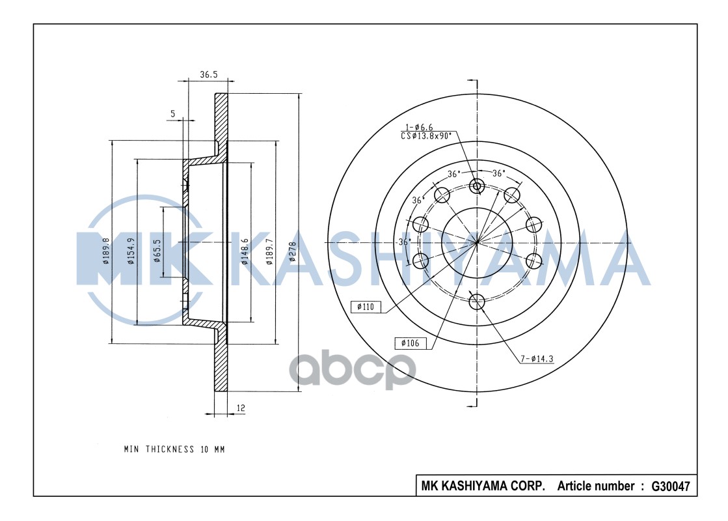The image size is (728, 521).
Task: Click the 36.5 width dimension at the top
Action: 208,75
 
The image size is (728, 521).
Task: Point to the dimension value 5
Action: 172,114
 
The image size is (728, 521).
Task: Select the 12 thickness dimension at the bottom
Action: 241,408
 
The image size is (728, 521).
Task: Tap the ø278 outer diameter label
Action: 292,251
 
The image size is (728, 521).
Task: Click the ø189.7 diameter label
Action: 269,252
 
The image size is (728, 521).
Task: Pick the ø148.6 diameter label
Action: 245,251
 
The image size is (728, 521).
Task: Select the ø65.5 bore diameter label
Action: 157,251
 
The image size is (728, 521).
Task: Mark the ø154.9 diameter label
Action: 131,251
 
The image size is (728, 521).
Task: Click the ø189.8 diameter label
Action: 105,251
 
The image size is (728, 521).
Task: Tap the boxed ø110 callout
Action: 366,307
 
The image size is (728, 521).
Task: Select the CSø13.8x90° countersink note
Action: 427,136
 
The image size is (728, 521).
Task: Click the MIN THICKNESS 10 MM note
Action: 174,449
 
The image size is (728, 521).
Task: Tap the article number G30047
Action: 670,486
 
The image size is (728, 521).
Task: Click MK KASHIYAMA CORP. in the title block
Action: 483,486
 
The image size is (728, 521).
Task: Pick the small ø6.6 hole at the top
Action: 477,186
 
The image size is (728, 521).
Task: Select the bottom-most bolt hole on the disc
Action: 477,302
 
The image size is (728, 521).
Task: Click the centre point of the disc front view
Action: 477,242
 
